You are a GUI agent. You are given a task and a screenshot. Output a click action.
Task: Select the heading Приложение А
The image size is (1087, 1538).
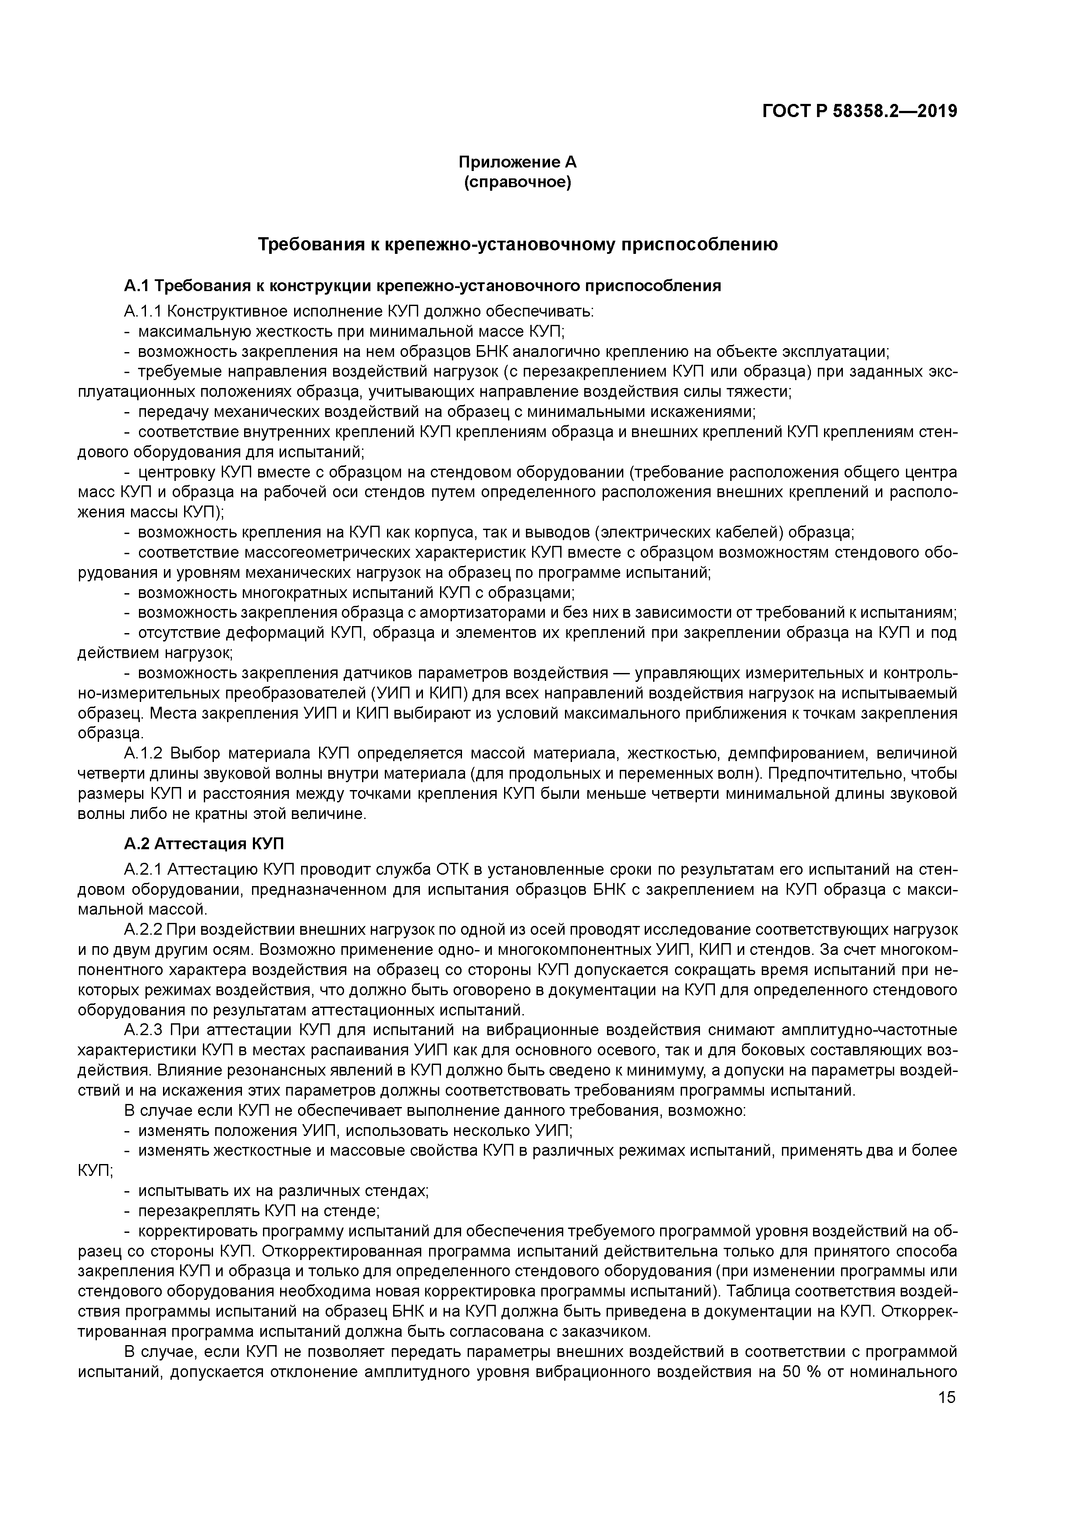517,162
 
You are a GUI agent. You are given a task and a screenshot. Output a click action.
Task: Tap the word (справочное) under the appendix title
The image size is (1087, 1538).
517,182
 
